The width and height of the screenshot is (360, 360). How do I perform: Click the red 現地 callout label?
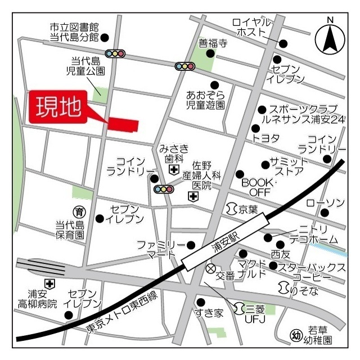(x=58, y=106)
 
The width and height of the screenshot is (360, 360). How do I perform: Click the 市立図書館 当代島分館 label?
(x=74, y=32)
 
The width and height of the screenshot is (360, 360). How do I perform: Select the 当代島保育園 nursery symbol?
(x=79, y=212)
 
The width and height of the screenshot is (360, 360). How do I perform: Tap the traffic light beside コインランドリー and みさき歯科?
(x=163, y=190)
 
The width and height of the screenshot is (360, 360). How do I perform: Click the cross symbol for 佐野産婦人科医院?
(x=193, y=196)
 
